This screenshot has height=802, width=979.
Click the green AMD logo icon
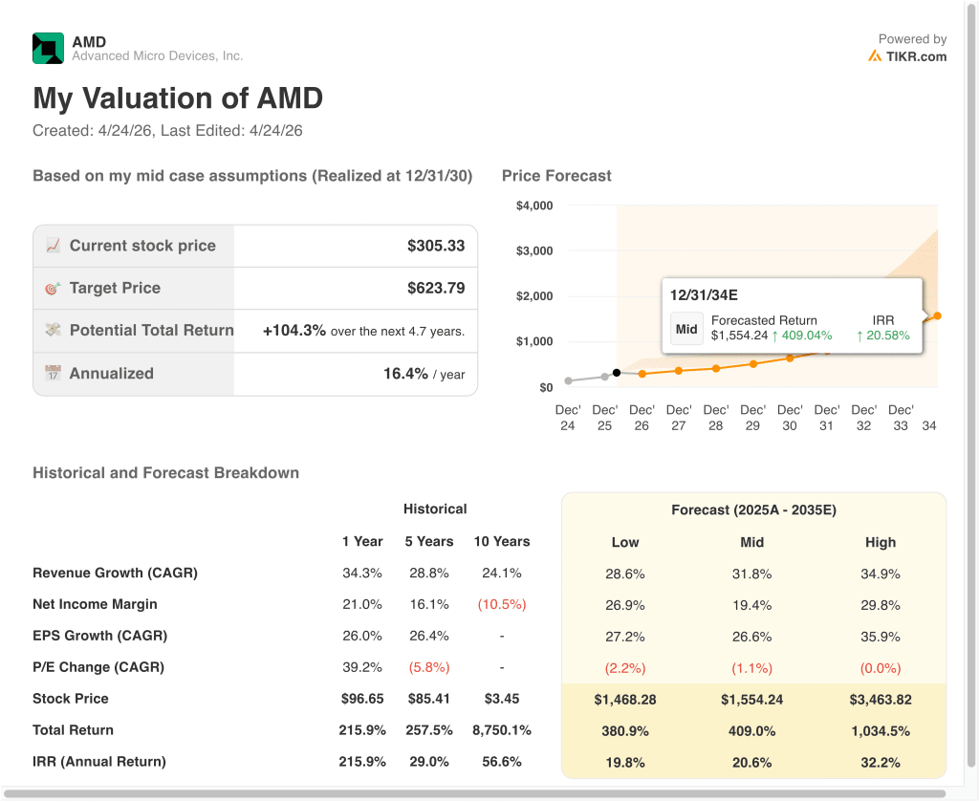tap(48, 48)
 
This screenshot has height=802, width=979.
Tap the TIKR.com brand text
tap(916, 56)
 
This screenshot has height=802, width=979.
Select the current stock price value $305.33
tap(436, 246)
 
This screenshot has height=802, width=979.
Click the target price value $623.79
tap(436, 289)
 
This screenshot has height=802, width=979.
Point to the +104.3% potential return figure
tap(294, 330)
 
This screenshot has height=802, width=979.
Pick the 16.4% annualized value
tap(405, 374)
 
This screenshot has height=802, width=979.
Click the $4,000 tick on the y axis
tap(534, 206)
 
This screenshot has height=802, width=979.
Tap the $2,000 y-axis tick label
tap(534, 295)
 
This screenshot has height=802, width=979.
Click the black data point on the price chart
tap(617, 373)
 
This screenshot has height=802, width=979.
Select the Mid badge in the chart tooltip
tap(686, 329)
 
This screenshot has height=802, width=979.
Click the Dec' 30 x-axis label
tap(790, 418)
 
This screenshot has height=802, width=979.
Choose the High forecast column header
tap(881, 542)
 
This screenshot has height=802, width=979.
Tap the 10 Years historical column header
tap(502, 542)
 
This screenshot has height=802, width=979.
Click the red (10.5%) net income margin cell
tap(502, 605)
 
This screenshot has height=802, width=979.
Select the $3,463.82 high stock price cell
tap(881, 700)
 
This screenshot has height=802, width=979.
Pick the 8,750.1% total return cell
tap(502, 730)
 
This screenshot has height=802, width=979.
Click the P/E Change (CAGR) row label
tap(98, 667)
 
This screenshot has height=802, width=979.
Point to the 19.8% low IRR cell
tap(625, 763)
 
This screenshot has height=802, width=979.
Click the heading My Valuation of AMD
tap(178, 98)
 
